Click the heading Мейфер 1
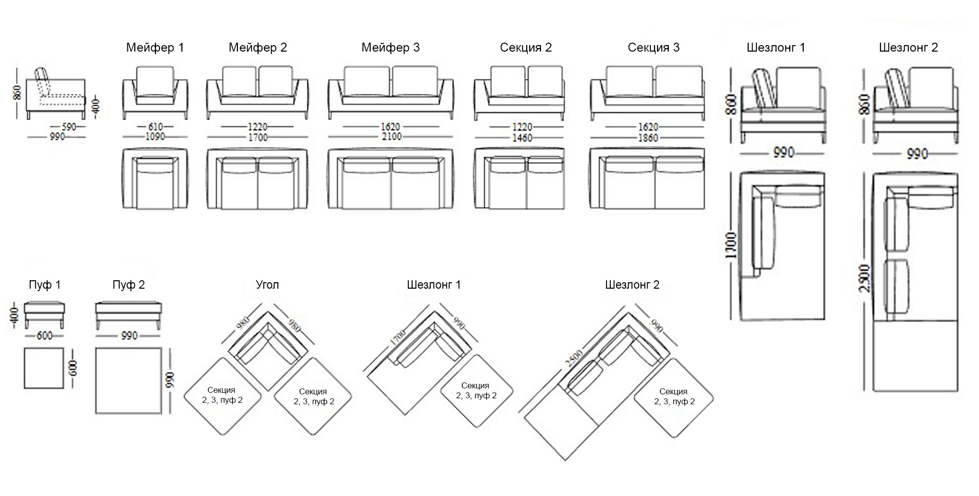tap(155, 48)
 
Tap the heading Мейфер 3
tap(390, 48)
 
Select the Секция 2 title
tap(526, 48)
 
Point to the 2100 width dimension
tap(391, 137)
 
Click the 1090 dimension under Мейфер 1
tap(155, 137)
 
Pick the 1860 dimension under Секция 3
tap(648, 138)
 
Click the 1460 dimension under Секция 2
tap(522, 138)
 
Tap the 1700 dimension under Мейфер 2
tap(258, 137)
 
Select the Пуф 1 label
tap(45, 285)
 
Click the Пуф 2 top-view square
tap(129, 380)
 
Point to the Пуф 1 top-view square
tap(44, 368)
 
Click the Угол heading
tap(268, 285)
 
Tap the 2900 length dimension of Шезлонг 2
tap(865, 278)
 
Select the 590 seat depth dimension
tap(69, 127)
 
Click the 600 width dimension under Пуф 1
tap(45, 336)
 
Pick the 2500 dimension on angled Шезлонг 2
tap(574, 358)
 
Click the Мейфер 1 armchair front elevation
tap(155, 93)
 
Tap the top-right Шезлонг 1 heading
tap(776, 48)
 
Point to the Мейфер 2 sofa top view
tap(258, 179)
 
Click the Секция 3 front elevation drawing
tap(648, 93)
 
